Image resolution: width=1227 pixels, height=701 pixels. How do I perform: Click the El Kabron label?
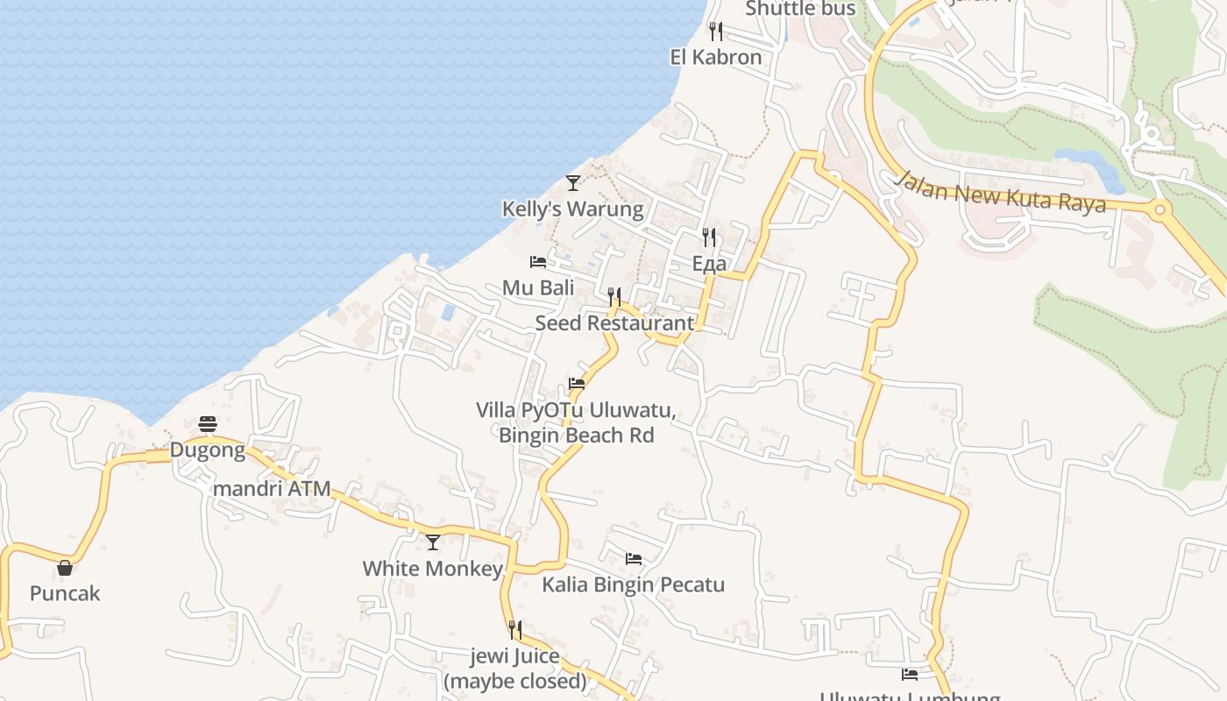pos(715,58)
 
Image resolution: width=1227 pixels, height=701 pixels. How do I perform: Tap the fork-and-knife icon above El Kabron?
pos(716,32)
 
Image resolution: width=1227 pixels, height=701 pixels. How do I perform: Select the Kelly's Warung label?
pos(572,209)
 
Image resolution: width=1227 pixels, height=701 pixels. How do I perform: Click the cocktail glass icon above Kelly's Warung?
pos(572,182)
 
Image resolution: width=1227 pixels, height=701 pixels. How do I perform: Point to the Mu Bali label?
pos(538,287)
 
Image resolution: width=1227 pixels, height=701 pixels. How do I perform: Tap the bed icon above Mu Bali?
pos(538,262)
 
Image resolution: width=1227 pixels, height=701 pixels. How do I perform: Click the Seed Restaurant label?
pos(614,322)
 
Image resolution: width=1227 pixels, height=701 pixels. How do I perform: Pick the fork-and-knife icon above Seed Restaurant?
pos(614,297)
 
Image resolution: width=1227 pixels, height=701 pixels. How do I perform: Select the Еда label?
pos(709,264)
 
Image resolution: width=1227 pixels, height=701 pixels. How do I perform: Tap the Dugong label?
pos(208,450)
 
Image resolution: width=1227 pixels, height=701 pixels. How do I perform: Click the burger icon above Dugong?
pos(208,425)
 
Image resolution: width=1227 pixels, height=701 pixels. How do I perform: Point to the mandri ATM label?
pos(272,489)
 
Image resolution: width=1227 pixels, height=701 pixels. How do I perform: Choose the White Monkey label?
pos(433,569)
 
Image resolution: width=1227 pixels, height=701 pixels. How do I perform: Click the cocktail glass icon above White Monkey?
pos(433,542)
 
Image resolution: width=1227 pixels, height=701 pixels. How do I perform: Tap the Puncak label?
pos(65,593)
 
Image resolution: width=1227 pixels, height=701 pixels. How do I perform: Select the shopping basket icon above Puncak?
pos(65,568)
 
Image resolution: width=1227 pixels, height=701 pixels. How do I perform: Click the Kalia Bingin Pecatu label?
pos(634,584)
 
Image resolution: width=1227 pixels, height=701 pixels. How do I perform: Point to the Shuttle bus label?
pos(799,9)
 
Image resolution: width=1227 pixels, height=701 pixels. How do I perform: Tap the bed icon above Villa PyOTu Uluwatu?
pos(577,384)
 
